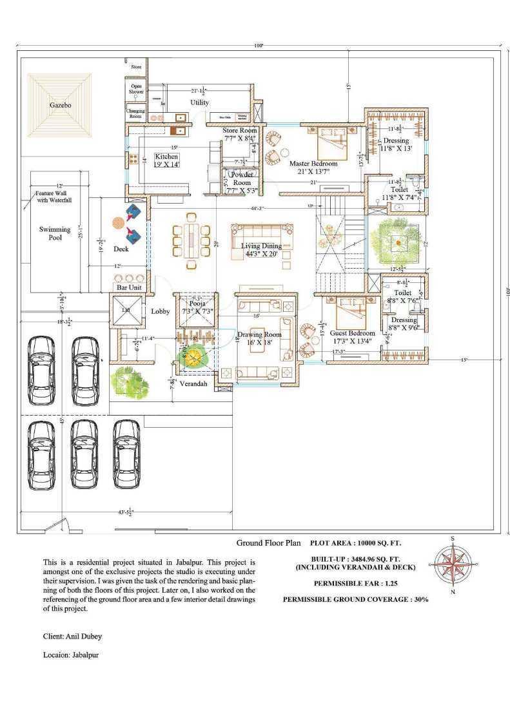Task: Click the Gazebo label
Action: tap(61, 104)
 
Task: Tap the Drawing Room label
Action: tap(260, 334)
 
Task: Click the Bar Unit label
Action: tap(128, 287)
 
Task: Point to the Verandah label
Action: tap(193, 384)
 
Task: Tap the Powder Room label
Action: tap(242, 178)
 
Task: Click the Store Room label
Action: tap(240, 131)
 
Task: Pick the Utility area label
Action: tap(199, 102)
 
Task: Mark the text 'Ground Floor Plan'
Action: tap(268, 543)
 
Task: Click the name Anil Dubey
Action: tap(83, 637)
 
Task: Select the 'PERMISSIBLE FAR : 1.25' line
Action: tap(355, 583)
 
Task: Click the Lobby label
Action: tap(160, 311)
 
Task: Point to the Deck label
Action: tap(121, 249)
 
